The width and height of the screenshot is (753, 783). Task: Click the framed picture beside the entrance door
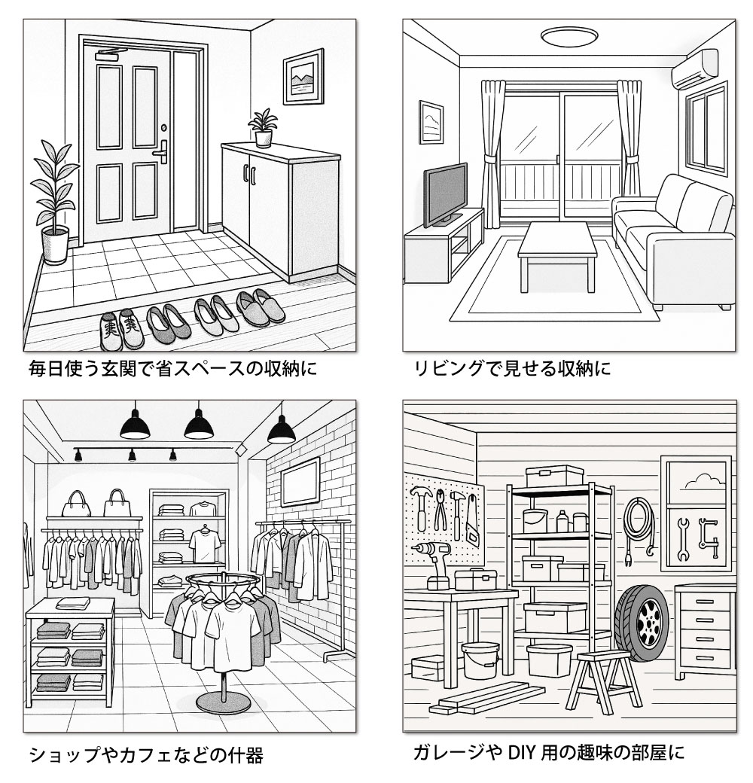303,76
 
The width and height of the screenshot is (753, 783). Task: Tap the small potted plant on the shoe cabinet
262,128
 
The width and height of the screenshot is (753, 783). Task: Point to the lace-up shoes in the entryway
122,329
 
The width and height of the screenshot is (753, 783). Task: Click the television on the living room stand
445,195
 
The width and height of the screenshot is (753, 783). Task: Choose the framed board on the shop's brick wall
300,482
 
